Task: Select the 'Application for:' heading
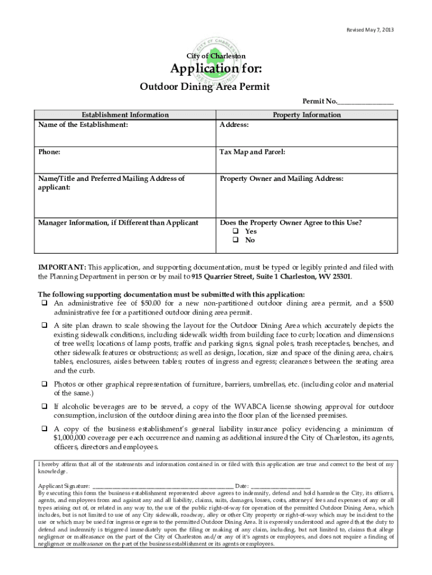tap(216, 70)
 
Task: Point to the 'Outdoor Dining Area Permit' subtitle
tap(204, 87)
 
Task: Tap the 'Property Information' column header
tap(306, 115)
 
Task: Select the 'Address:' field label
tap(234, 125)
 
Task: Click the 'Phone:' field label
tap(49, 152)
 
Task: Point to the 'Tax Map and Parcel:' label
tap(252, 152)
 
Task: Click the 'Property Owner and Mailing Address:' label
tap(281, 179)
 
